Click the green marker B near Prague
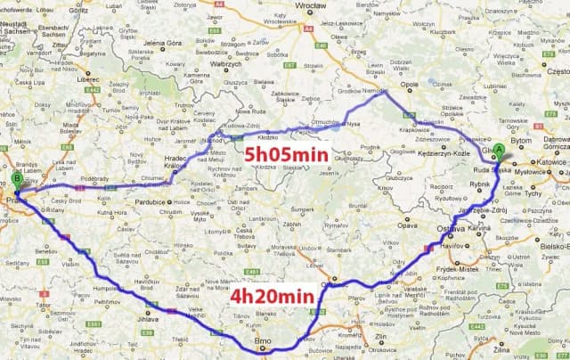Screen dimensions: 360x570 tap(17, 180)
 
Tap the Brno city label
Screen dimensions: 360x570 tap(262, 341)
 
